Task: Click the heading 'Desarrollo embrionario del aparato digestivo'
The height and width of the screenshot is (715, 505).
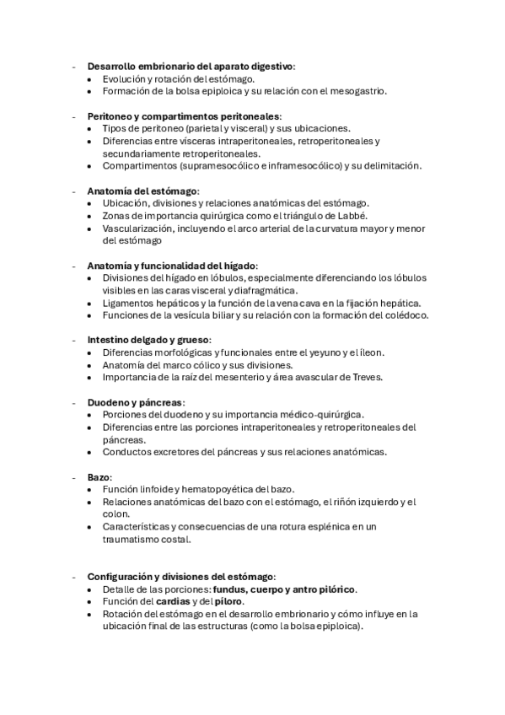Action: click(191, 66)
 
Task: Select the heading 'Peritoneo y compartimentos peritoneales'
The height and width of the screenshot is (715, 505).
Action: click(184, 116)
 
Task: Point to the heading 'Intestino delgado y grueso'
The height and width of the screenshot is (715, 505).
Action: click(148, 340)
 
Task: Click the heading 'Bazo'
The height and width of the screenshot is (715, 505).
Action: click(99, 477)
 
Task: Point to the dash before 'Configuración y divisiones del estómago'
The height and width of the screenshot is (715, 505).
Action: click(75, 577)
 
